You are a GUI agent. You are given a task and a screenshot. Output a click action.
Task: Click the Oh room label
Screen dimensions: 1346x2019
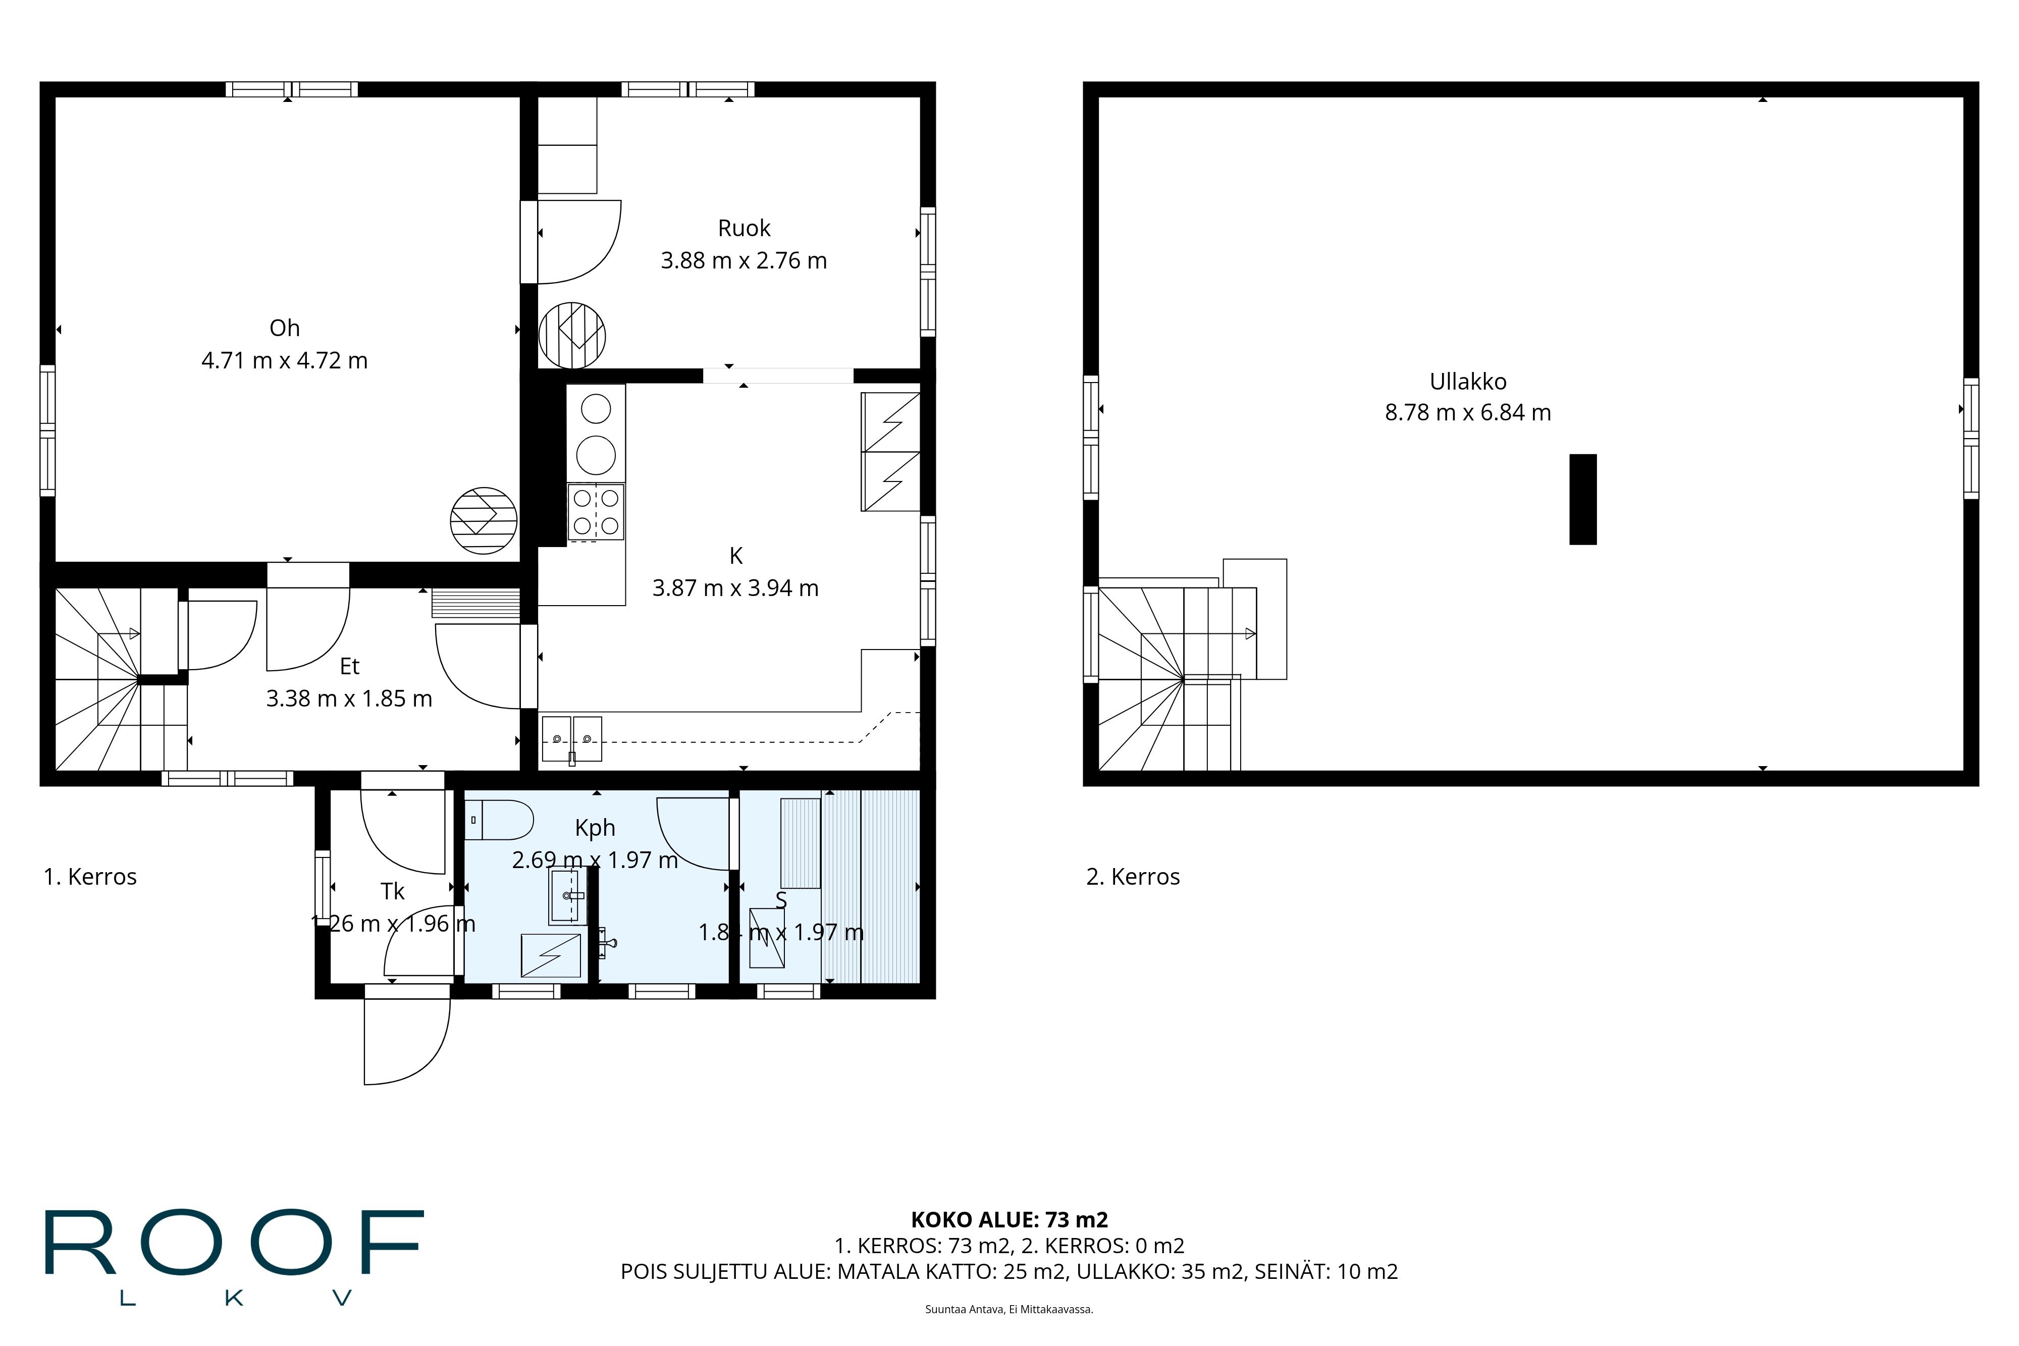point(284,328)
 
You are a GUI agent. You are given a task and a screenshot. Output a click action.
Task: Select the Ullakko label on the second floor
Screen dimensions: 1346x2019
point(1467,381)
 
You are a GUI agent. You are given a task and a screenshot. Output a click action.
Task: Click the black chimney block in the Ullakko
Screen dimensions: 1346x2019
point(1582,499)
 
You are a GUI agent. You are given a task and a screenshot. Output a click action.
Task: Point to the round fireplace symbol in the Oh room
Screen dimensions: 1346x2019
point(483,520)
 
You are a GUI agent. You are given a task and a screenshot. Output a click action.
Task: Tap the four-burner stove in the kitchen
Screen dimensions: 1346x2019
point(596,512)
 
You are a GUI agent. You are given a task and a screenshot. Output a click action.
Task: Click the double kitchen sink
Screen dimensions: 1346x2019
point(572,738)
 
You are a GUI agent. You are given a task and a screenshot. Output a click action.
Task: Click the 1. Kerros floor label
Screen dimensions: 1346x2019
point(90,877)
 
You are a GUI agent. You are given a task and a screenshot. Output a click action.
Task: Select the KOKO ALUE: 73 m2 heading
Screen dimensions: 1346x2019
point(1008,1219)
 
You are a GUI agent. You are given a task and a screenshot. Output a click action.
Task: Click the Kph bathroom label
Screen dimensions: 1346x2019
point(595,828)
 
